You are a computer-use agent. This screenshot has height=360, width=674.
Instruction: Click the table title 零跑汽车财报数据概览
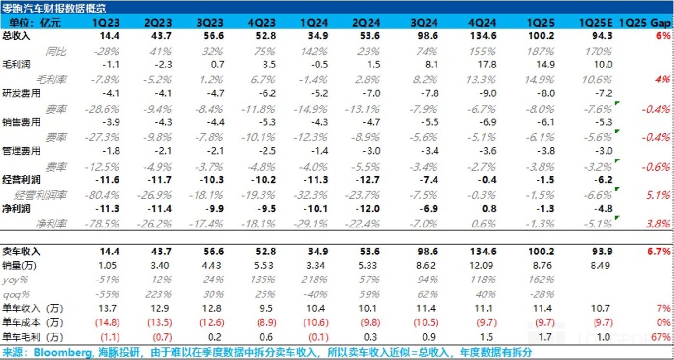click(54, 8)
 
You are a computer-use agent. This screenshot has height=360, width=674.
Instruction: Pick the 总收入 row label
click(16, 36)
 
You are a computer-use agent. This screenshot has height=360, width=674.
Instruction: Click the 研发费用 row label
click(21, 93)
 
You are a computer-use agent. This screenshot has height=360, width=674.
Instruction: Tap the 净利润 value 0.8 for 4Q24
click(489, 209)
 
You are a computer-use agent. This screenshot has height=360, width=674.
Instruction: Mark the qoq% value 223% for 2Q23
click(158, 294)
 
